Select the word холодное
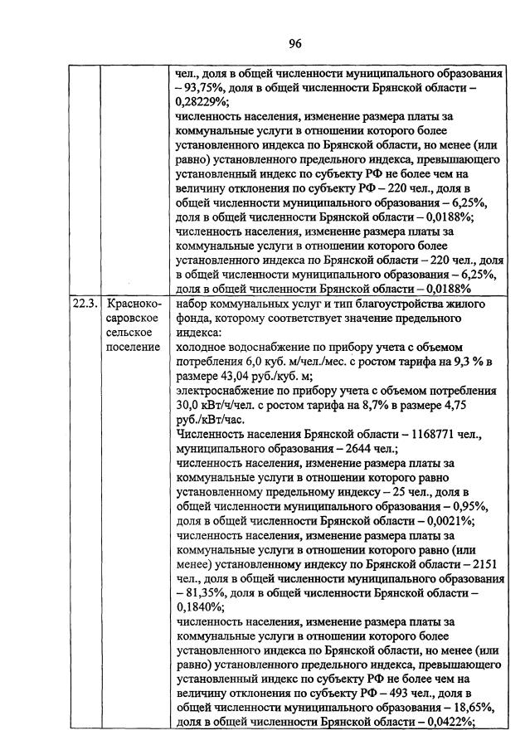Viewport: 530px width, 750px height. pyautogui.click(x=203, y=370)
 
